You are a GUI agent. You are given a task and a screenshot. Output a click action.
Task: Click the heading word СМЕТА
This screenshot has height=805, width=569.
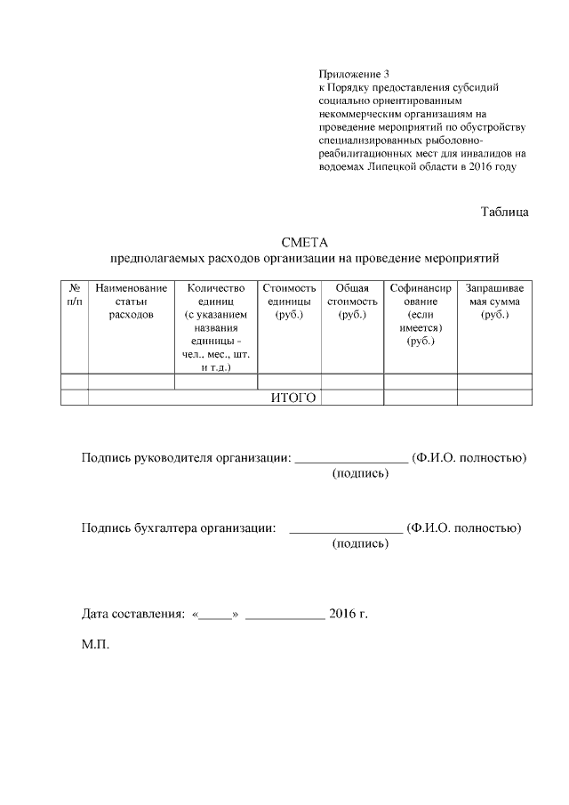(x=305, y=243)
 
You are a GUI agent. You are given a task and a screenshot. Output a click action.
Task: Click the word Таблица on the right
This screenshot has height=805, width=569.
(x=505, y=212)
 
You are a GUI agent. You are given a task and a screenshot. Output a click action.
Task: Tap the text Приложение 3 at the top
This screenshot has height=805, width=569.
(x=354, y=73)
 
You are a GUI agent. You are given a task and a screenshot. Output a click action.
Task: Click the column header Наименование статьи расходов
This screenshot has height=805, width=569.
(x=131, y=302)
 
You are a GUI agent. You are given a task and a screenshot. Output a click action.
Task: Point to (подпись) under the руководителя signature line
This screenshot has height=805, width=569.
(x=360, y=474)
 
